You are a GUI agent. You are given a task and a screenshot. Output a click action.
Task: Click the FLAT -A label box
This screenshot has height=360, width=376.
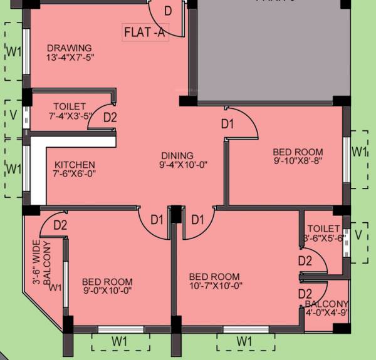click(x=145, y=33)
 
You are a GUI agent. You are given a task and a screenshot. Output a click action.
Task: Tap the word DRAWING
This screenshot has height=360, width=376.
click(x=69, y=48)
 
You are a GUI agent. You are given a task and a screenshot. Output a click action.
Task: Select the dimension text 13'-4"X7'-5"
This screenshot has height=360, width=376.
click(x=70, y=58)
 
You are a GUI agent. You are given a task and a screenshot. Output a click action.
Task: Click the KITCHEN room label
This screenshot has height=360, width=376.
click(x=74, y=165)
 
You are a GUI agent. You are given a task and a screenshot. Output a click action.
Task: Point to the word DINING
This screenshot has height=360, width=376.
click(x=177, y=155)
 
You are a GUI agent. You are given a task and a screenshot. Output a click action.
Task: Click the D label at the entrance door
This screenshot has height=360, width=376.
click(x=168, y=11)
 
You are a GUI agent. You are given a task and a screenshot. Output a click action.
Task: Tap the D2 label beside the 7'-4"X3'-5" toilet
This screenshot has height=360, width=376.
click(x=110, y=116)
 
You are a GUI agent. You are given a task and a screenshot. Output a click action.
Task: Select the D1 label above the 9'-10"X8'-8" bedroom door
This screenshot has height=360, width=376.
click(x=227, y=124)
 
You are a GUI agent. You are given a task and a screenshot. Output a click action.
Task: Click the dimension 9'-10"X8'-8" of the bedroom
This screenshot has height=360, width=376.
click(x=298, y=161)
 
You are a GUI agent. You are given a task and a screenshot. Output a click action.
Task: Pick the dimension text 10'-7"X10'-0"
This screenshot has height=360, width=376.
click(x=215, y=286)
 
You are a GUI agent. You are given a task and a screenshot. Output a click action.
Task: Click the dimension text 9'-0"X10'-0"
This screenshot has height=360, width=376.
click(x=107, y=291)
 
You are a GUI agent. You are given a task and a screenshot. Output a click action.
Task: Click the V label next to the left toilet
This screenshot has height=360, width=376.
click(x=13, y=114)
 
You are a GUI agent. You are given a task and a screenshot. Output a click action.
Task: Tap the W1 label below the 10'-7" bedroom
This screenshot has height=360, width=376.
click(x=244, y=341)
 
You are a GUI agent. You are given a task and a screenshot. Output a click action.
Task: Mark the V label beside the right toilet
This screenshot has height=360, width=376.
click(x=358, y=235)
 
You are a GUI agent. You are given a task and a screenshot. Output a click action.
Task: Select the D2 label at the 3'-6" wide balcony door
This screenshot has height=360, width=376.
click(x=60, y=225)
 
